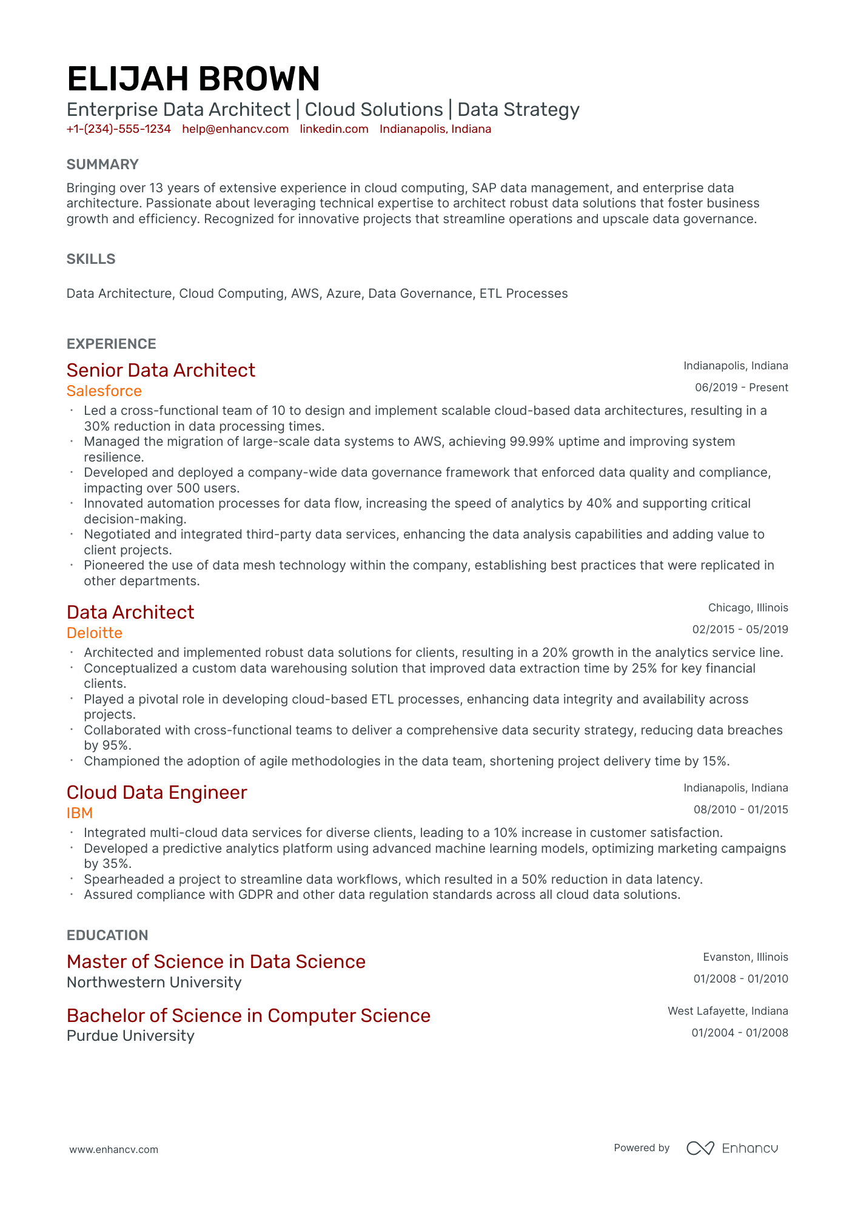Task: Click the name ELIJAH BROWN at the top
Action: [x=193, y=79]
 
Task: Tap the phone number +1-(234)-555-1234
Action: [x=118, y=129]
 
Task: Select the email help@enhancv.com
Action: [x=235, y=129]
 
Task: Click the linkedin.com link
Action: [x=334, y=129]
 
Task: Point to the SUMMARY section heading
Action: [x=102, y=164]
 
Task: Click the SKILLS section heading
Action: [x=91, y=259]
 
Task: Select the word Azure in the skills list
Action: [x=343, y=294]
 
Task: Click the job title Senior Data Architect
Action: [x=161, y=370]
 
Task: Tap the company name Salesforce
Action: [x=104, y=391]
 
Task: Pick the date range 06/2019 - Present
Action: [x=741, y=388]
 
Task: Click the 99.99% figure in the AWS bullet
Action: [x=531, y=442]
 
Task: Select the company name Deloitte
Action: [x=94, y=633]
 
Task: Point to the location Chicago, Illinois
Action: [x=748, y=608]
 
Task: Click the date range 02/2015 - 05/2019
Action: [x=740, y=630]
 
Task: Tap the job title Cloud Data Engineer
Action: [x=156, y=792]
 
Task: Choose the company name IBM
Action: [x=79, y=813]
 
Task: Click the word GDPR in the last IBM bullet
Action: [x=255, y=895]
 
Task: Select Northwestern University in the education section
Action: [x=154, y=983]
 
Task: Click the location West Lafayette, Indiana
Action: [x=728, y=1011]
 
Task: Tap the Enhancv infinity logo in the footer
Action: [x=700, y=1148]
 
